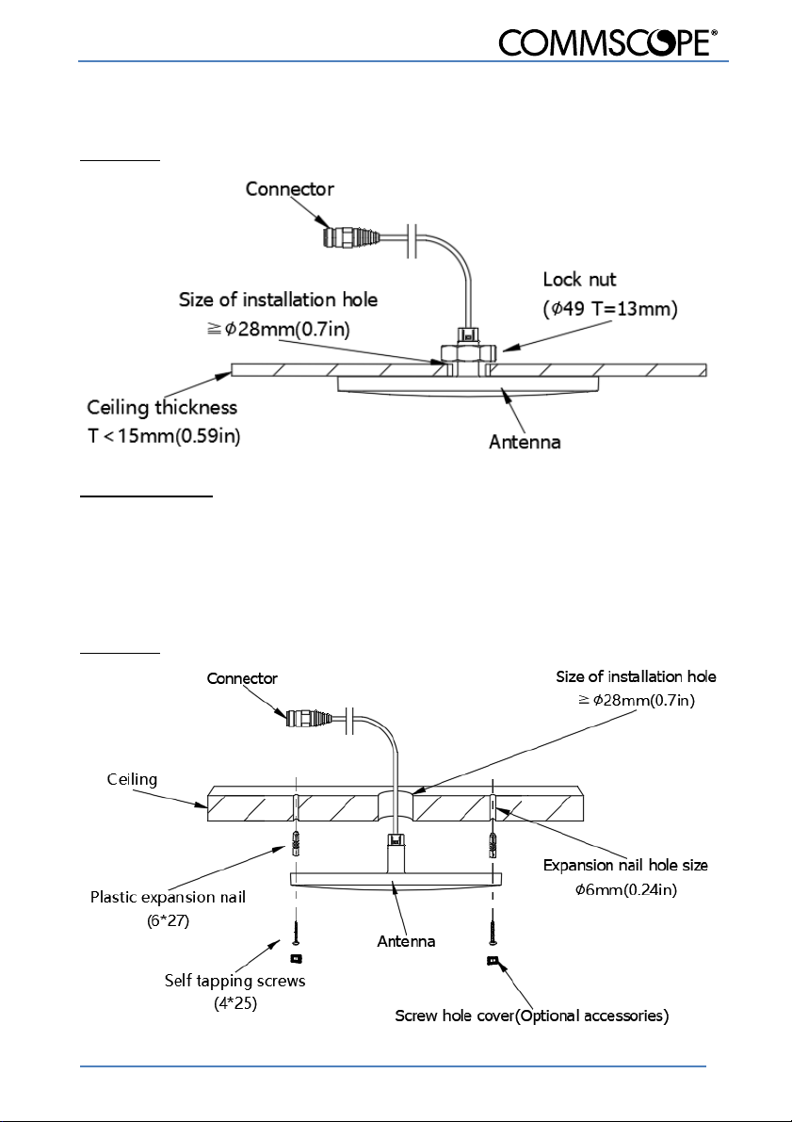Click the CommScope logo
pos(608,43)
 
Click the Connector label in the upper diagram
pos(290,189)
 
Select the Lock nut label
pos(579,279)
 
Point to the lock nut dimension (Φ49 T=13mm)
pos(610,309)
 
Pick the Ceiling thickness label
pos(162,408)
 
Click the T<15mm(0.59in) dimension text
pos(164,436)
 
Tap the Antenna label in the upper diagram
pos(525,442)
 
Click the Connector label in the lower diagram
pos(242,678)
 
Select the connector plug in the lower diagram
pos(309,719)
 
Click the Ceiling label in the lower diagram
pos(133,779)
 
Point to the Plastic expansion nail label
pos(169,897)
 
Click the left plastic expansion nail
pos(295,844)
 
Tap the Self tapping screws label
pos(234,981)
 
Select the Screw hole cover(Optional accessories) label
pos(531,1016)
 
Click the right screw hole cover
pos(493,960)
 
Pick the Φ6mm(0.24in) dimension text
pos(626,890)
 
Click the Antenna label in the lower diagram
pos(407,942)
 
